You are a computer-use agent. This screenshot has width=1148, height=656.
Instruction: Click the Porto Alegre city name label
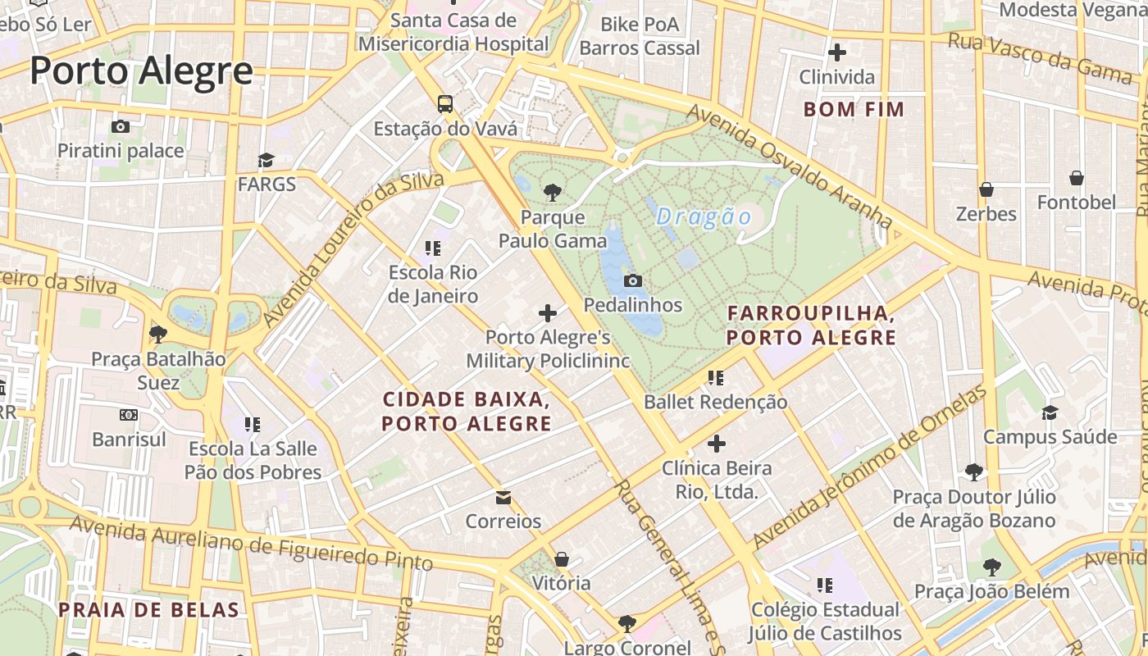[141, 71]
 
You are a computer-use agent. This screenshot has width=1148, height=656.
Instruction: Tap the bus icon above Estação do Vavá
[444, 104]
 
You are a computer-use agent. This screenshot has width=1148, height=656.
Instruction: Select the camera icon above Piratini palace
[121, 126]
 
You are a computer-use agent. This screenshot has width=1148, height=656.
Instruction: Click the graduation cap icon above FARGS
[266, 160]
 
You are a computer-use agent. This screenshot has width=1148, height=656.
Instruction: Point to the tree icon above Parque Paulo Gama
[553, 193]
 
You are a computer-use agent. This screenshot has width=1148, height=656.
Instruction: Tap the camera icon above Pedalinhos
[632, 280]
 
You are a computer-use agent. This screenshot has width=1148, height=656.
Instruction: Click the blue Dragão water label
[704, 216]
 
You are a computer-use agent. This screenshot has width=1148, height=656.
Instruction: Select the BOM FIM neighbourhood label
[854, 109]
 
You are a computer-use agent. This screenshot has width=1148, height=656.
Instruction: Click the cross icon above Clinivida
[836, 52]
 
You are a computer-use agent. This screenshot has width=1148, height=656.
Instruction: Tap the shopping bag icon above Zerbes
[986, 189]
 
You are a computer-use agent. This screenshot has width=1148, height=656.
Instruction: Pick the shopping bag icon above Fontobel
[1077, 178]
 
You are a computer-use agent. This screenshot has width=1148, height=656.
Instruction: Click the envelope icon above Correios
[503, 498]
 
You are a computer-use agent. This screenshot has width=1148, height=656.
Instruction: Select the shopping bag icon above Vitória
[562, 559]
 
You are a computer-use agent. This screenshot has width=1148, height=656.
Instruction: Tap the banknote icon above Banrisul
[129, 415]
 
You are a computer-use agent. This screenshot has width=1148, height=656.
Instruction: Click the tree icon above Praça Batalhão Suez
[158, 334]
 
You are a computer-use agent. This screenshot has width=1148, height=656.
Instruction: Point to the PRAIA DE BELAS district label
[148, 609]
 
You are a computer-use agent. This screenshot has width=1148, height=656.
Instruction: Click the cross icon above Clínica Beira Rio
[717, 444]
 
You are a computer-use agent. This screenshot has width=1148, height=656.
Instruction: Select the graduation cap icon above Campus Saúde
[1050, 412]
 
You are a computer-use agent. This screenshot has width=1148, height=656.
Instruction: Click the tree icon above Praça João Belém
[991, 567]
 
